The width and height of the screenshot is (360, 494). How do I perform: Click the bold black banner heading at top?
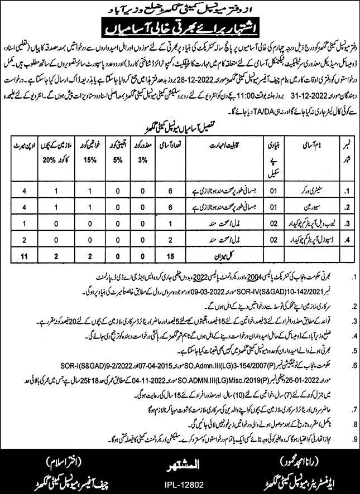pyautogui.click(x=180, y=25)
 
